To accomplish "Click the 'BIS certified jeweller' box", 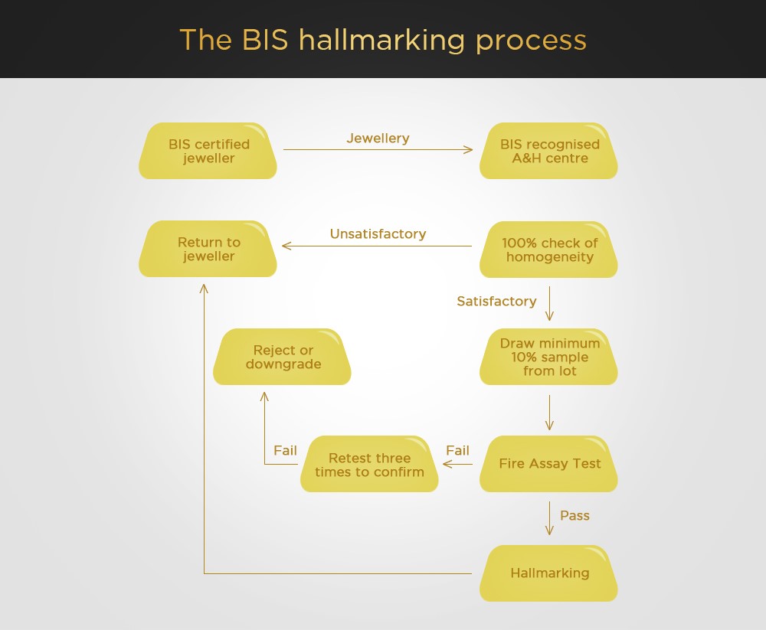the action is [208, 151].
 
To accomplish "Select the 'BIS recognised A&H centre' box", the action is [548, 151].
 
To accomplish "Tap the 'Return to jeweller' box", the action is [208, 249].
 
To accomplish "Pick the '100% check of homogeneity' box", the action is [548, 250].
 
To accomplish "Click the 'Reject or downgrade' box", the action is [282, 357].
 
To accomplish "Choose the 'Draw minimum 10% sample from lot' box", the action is [548, 357].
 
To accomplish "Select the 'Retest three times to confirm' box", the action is [369, 464].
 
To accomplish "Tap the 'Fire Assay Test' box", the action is [548, 464].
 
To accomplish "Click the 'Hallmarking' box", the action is [548, 573].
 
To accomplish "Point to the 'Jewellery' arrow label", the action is [378, 139].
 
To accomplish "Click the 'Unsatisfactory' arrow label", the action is [378, 234].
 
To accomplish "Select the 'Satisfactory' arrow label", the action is [496, 302].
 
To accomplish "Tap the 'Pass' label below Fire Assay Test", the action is [574, 516].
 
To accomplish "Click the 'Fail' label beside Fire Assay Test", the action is [457, 450].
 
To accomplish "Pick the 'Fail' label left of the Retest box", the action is [285, 450].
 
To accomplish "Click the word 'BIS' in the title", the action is [265, 40].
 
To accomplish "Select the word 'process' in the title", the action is [531, 42].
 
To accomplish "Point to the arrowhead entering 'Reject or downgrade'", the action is [264, 396].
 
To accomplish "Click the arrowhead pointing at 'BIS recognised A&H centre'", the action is [469, 149].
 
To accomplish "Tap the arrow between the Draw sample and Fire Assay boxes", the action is [549, 413].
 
